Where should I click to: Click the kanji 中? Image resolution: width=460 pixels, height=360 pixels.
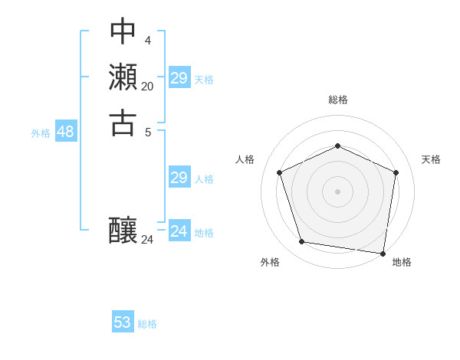[123, 32]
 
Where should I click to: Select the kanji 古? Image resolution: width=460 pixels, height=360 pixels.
[123, 122]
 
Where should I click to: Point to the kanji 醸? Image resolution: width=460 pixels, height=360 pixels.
[123, 229]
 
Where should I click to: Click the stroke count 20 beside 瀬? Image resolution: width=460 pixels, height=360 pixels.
[147, 87]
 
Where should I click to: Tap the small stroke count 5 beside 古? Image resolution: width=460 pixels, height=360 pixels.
[147, 131]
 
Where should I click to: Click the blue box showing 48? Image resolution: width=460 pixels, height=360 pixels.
[65, 132]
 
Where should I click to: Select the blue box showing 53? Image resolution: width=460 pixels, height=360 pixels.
[123, 322]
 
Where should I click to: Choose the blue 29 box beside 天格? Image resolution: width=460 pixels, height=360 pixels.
[179, 78]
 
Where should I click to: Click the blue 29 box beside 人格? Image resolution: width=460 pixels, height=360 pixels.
[179, 178]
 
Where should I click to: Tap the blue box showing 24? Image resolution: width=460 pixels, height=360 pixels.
[179, 231]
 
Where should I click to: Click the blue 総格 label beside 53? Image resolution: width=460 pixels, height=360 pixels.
[147, 324]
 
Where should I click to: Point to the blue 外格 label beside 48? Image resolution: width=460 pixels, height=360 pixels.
[41, 133]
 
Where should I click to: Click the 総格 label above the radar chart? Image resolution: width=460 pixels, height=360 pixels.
[338, 100]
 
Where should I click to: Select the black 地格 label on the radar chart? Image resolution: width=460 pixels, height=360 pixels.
[402, 263]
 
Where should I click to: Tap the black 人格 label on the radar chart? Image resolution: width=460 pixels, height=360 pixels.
[245, 159]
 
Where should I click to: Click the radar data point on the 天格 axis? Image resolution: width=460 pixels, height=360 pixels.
[396, 172]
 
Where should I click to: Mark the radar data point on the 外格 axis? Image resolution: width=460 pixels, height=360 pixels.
[302, 242]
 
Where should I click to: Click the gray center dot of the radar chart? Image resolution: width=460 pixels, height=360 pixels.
[337, 191]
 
